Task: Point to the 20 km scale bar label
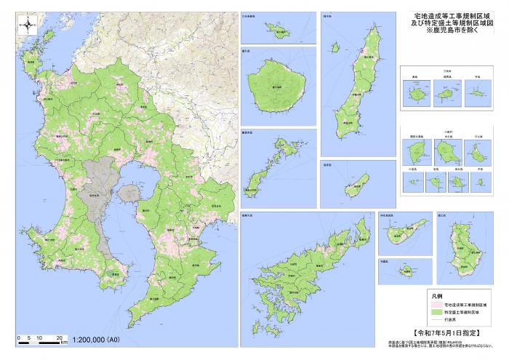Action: [x=57, y=337]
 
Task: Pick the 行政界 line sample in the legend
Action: [x=435, y=320]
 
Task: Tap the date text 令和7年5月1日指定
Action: [x=446, y=332]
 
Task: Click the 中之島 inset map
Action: [x=448, y=152]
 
